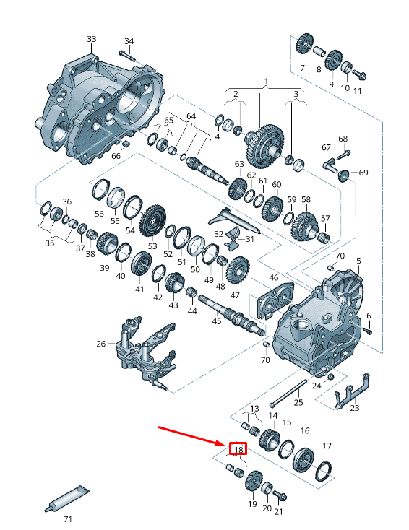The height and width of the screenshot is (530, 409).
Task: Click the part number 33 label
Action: (x=91, y=39)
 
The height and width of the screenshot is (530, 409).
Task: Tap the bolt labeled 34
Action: (x=127, y=56)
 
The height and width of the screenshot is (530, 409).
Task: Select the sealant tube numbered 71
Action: (x=67, y=498)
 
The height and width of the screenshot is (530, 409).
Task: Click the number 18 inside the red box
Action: (x=238, y=450)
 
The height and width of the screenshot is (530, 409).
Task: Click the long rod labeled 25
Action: (x=288, y=393)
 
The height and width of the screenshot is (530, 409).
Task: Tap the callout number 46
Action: (x=273, y=278)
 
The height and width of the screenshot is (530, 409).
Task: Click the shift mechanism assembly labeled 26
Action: (x=145, y=352)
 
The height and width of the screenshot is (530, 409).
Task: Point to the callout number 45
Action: (x=217, y=321)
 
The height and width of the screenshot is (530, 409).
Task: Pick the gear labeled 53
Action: (x=153, y=220)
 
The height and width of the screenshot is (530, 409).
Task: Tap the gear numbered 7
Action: (x=304, y=43)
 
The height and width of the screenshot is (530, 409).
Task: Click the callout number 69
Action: (x=363, y=173)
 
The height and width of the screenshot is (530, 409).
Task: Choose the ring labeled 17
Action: (x=324, y=471)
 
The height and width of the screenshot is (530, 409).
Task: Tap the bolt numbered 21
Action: (x=280, y=495)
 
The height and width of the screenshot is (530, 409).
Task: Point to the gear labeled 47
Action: (x=238, y=270)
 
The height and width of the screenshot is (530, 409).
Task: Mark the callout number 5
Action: (x=358, y=261)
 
